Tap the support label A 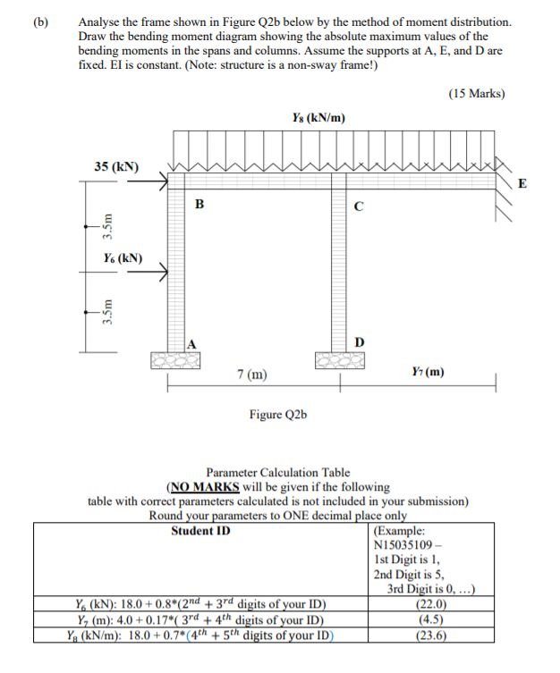point(192,344)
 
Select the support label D point(359,342)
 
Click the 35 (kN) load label point(116,166)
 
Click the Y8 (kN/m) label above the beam point(318,118)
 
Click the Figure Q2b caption point(278,415)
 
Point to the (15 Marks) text point(475,93)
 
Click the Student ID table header point(199,531)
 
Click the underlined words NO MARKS point(206,487)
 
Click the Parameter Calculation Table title point(278,473)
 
